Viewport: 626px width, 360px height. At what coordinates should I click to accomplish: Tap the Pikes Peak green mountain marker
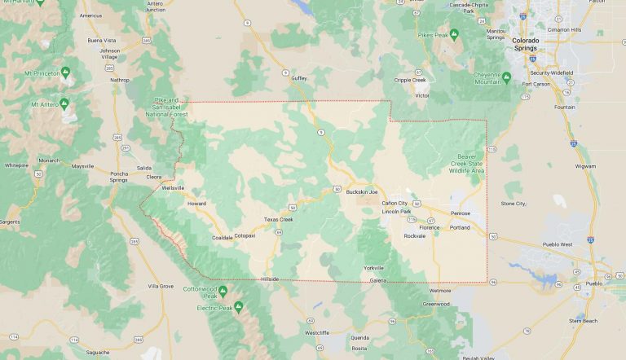[x=455, y=34]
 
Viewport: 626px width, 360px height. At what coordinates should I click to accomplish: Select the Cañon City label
[x=394, y=203]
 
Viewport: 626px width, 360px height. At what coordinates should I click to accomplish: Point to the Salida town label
[x=143, y=167]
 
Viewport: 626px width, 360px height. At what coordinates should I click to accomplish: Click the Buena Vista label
[x=101, y=39]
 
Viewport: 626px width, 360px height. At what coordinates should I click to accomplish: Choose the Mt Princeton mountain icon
[x=66, y=72]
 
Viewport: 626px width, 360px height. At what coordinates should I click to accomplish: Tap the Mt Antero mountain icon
[x=64, y=103]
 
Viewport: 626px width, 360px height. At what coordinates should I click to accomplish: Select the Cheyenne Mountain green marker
[x=506, y=77]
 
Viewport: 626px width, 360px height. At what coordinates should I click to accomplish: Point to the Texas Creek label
[x=278, y=219]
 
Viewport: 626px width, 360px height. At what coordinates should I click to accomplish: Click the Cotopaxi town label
[x=245, y=235]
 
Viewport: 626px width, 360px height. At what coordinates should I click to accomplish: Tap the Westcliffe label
[x=317, y=332]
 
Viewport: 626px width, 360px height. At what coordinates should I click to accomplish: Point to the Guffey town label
[x=300, y=78]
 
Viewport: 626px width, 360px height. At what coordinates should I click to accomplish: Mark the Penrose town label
[x=460, y=213]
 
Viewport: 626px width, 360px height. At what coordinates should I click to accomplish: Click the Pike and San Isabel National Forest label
[x=167, y=108]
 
